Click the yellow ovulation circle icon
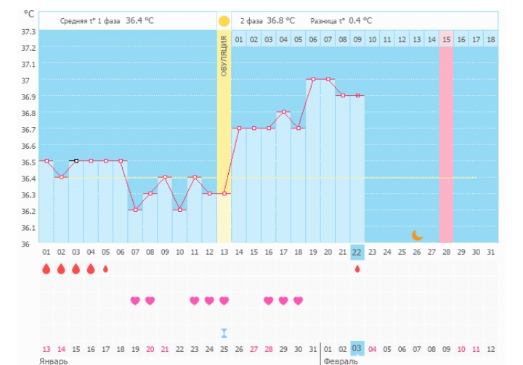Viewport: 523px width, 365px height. [x=224, y=21]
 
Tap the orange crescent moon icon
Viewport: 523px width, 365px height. [x=417, y=234]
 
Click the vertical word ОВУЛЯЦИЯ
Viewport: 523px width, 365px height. [x=224, y=56]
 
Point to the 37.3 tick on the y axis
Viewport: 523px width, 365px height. [x=28, y=32]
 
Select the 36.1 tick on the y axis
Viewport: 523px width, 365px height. [x=28, y=227]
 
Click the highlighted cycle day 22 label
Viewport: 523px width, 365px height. [x=357, y=252]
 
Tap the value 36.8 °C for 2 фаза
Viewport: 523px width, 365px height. [x=281, y=21]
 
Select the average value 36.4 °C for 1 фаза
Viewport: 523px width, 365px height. [x=139, y=21]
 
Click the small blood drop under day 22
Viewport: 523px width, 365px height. [x=357, y=268]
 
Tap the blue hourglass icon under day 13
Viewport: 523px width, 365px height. [x=224, y=333]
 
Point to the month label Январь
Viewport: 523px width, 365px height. [x=54, y=361]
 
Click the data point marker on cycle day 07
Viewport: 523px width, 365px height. [x=135, y=210]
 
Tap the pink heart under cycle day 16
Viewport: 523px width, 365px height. [x=268, y=300]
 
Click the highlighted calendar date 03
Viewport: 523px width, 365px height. [x=357, y=348]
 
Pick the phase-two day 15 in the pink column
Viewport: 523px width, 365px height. [x=446, y=39]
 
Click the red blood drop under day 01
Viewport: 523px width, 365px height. [x=46, y=269]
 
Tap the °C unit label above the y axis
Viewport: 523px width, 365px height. [x=28, y=14]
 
